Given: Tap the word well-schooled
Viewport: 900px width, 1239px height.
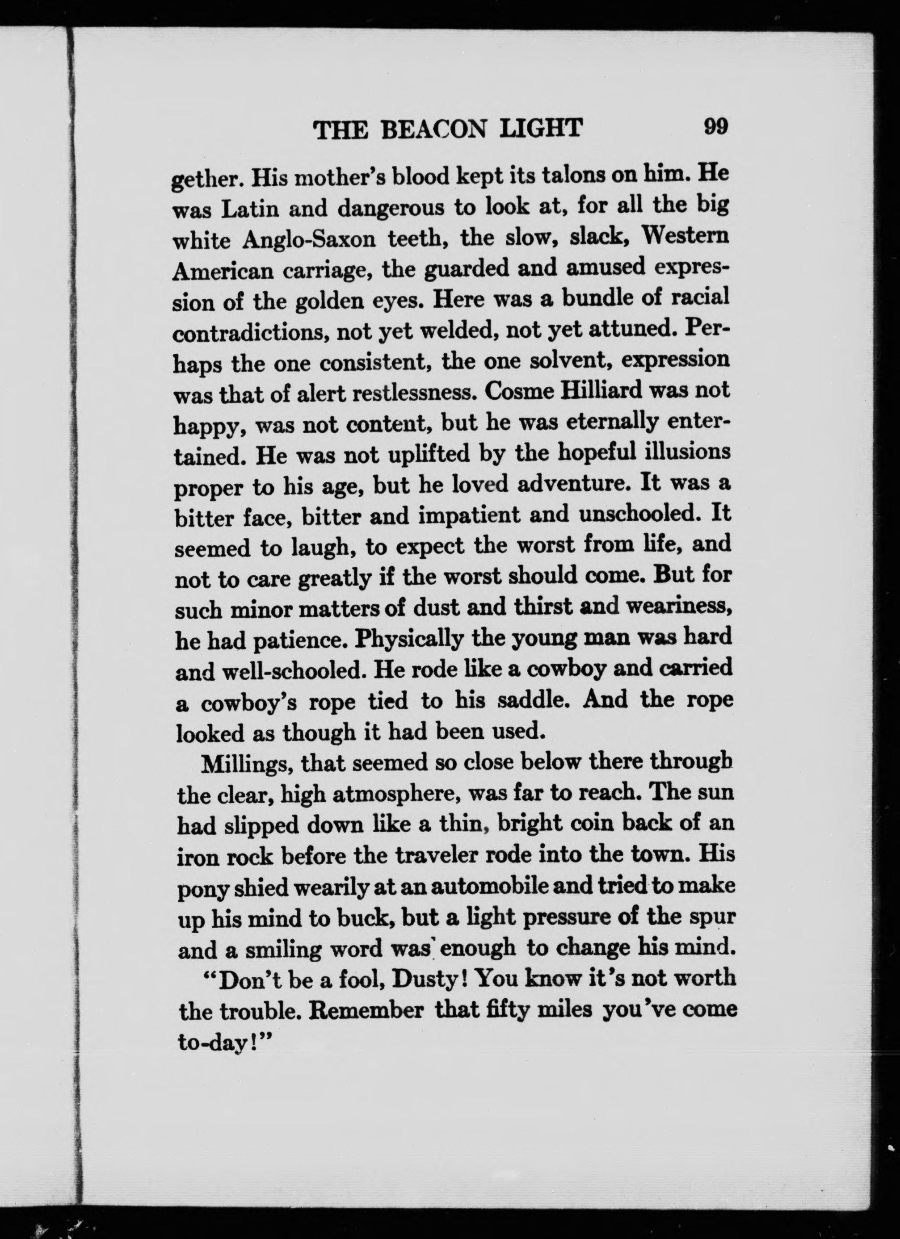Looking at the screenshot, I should tap(289, 670).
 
